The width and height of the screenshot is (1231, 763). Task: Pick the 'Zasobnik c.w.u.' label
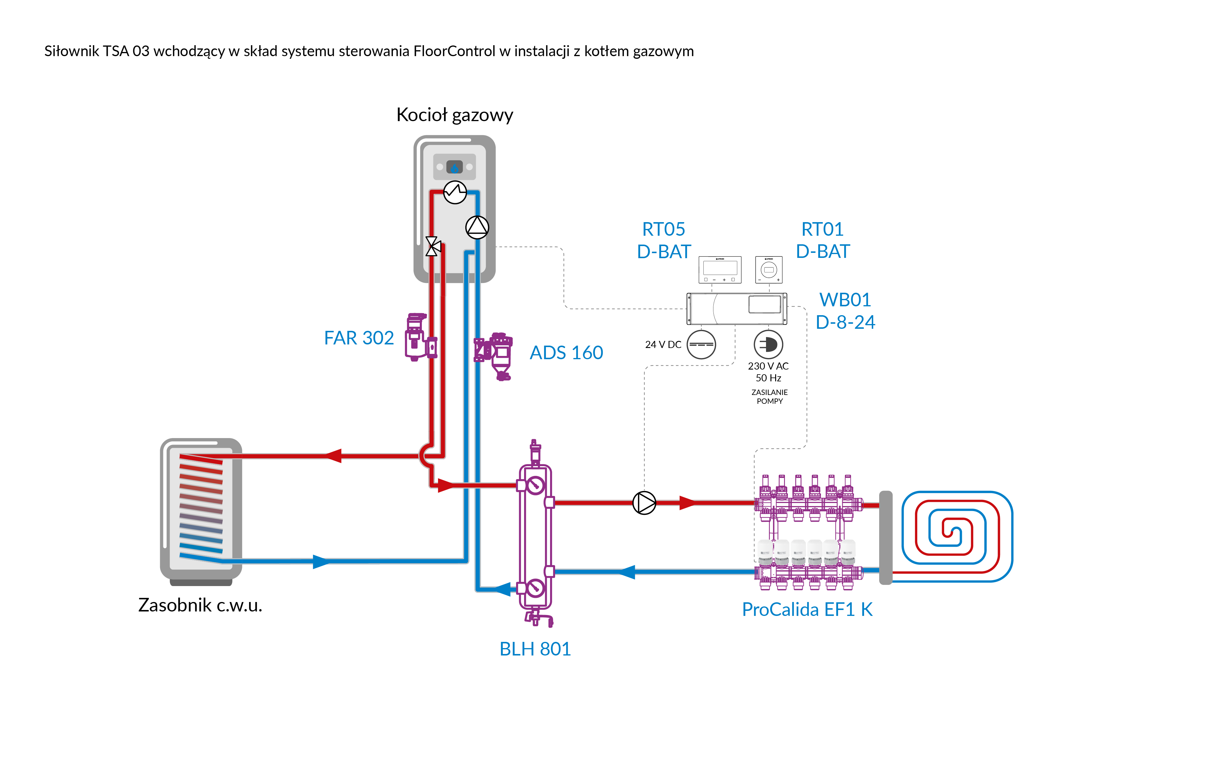pos(200,605)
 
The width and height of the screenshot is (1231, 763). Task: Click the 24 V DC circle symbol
pos(701,345)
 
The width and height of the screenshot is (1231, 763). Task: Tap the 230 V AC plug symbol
pos(768,345)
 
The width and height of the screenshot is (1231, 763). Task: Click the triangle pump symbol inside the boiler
pos(477,227)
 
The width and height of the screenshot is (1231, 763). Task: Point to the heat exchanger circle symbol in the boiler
pos(455,192)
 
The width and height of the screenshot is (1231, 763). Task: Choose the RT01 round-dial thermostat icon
pos(768,269)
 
